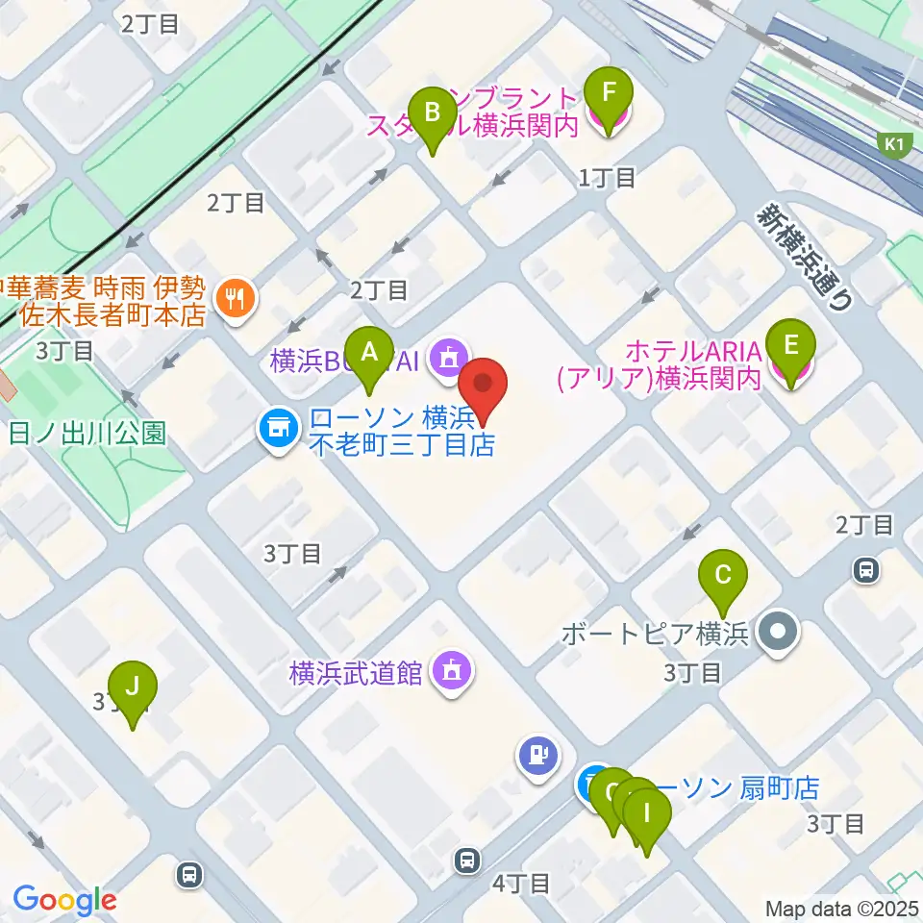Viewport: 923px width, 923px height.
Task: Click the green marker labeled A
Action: tap(369, 353)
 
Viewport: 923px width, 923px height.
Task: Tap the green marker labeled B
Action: tap(433, 113)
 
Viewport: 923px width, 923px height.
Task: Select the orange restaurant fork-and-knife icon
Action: tap(233, 299)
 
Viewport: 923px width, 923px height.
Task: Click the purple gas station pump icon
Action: tap(536, 755)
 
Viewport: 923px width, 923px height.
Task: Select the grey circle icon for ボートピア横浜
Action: tap(777, 634)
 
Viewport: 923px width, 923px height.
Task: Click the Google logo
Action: tap(64, 900)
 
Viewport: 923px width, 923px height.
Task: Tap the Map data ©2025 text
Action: tap(840, 908)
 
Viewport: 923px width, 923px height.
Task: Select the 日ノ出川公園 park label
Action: tap(87, 432)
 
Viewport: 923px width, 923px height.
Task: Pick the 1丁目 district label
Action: tap(607, 177)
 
